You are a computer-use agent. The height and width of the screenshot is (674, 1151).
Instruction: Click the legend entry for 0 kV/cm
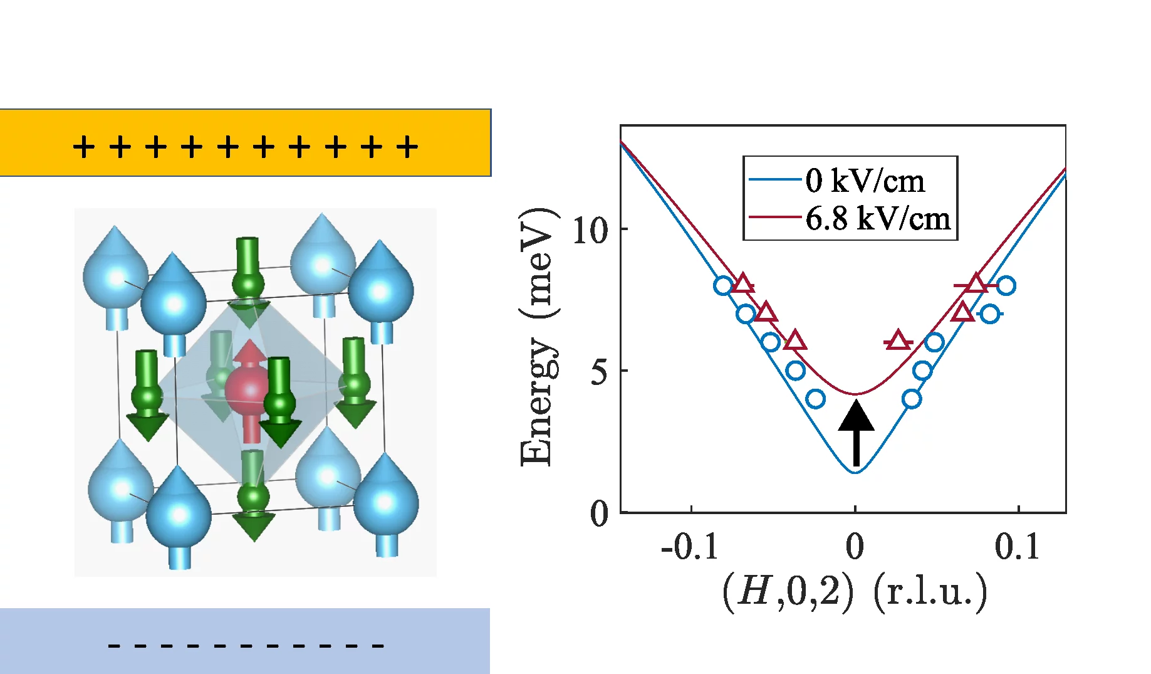[864, 181]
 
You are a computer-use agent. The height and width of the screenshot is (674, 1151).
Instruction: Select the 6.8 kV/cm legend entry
[877, 219]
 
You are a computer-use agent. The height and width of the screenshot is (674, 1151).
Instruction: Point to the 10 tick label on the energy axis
[590, 230]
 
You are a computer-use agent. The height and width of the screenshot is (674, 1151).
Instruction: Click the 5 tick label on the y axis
[600, 372]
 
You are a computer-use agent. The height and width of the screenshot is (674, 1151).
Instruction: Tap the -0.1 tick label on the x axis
[690, 547]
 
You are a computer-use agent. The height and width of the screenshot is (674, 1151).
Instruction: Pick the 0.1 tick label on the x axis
[1016, 547]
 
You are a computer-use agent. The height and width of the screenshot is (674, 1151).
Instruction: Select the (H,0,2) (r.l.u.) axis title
[855, 591]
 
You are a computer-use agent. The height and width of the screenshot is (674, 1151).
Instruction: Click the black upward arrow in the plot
[856, 433]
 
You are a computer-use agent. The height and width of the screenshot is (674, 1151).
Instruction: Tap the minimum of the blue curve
[856, 471]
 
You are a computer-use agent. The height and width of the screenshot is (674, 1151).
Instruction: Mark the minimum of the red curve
[856, 394]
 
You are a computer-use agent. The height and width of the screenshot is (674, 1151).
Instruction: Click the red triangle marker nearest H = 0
[898, 340]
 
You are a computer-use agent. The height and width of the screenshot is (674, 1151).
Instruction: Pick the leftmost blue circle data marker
[723, 286]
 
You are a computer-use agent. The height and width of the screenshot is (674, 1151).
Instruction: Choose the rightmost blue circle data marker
[1006, 286]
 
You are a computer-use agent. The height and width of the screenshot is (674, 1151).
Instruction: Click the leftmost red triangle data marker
[742, 284]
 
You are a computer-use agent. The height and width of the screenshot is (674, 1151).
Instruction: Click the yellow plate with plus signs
[245, 143]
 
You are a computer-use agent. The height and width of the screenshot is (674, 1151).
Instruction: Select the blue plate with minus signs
[245, 641]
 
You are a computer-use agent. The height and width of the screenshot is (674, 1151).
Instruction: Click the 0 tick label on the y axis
[600, 514]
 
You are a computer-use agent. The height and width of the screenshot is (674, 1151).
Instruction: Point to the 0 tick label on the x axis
[855, 547]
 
